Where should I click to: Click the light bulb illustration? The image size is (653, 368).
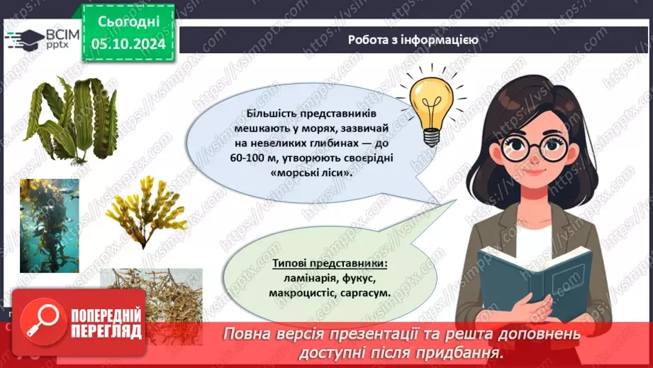[x=432, y=109]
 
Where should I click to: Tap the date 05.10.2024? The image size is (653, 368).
[x=128, y=43]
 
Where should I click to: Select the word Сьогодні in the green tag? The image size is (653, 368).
[x=128, y=21]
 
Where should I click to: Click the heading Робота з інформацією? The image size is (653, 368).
[x=413, y=40]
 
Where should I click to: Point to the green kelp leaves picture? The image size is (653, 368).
[x=71, y=120]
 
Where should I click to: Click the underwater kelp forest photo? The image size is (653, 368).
[x=49, y=226]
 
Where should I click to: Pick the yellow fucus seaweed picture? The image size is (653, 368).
[x=146, y=212]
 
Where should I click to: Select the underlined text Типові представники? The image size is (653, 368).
[x=330, y=264]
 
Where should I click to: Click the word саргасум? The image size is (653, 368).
[x=365, y=293]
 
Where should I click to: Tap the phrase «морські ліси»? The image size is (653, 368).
[x=311, y=173]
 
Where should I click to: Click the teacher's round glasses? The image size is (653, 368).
[x=535, y=147]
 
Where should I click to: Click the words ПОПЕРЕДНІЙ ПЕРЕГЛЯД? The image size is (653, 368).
[x=106, y=323]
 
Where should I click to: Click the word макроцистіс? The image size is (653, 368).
[x=302, y=293]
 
